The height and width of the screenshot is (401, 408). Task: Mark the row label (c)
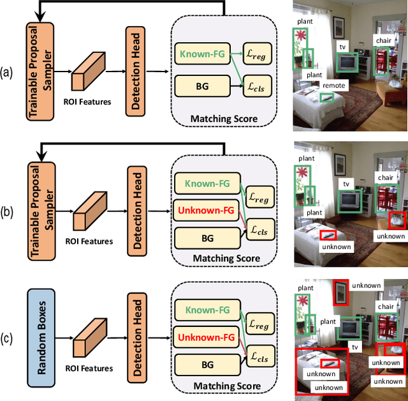tap(9, 337)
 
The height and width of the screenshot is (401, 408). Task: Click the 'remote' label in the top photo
tap(334, 86)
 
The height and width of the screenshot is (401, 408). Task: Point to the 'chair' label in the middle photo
tap(385, 178)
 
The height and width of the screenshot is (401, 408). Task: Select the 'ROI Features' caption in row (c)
tap(88, 368)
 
